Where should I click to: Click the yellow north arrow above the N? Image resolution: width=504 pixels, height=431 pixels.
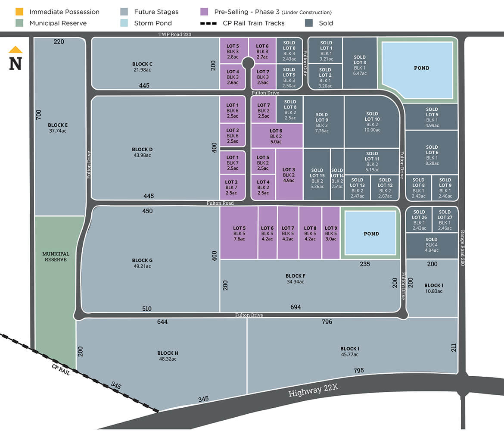(x=16, y=50)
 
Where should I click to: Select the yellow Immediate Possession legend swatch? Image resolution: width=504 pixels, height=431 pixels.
(x=19, y=12)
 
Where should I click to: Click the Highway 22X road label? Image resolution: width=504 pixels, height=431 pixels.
(x=313, y=390)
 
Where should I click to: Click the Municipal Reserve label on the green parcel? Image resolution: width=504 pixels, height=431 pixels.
(x=56, y=257)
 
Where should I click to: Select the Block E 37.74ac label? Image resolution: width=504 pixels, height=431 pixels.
(x=57, y=128)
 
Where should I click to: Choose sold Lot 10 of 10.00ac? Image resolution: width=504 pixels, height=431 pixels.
(x=372, y=122)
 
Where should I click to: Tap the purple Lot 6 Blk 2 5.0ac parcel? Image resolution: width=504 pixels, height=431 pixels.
(x=276, y=136)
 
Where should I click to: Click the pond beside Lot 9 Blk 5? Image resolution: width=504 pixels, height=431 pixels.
(x=371, y=234)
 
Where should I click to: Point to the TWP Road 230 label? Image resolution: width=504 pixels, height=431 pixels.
(x=174, y=34)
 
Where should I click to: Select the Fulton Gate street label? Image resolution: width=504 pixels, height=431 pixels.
(x=305, y=63)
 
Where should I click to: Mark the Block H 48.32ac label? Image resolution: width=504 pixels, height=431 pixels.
(x=168, y=356)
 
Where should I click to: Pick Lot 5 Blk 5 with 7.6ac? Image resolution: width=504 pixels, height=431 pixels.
(x=239, y=233)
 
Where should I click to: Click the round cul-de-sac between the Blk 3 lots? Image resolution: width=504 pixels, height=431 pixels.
(x=248, y=64)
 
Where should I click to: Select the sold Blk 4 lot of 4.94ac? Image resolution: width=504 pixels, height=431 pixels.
(x=431, y=245)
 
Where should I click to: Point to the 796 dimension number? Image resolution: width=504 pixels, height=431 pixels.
(x=327, y=322)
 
